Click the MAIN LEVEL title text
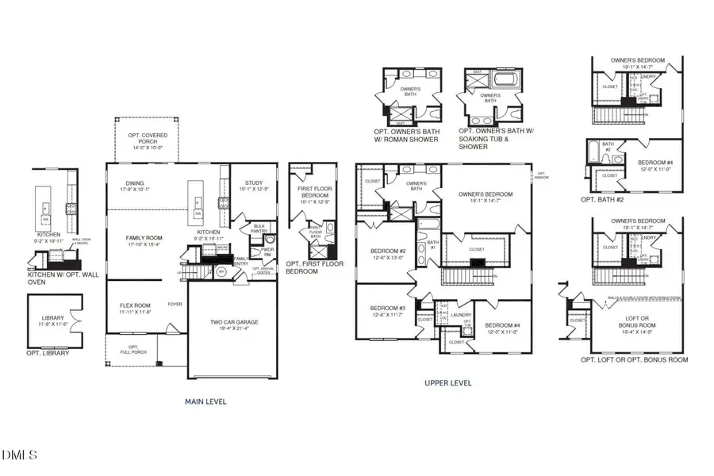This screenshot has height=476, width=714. tap(205, 401)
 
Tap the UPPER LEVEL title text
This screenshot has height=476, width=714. tap(448, 383)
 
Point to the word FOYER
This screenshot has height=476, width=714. tap(175, 304)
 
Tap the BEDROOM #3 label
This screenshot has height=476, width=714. tap(389, 312)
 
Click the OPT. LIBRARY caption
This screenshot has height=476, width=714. tap(48, 353)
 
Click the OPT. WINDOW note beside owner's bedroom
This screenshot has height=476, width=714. tap(542, 176)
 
